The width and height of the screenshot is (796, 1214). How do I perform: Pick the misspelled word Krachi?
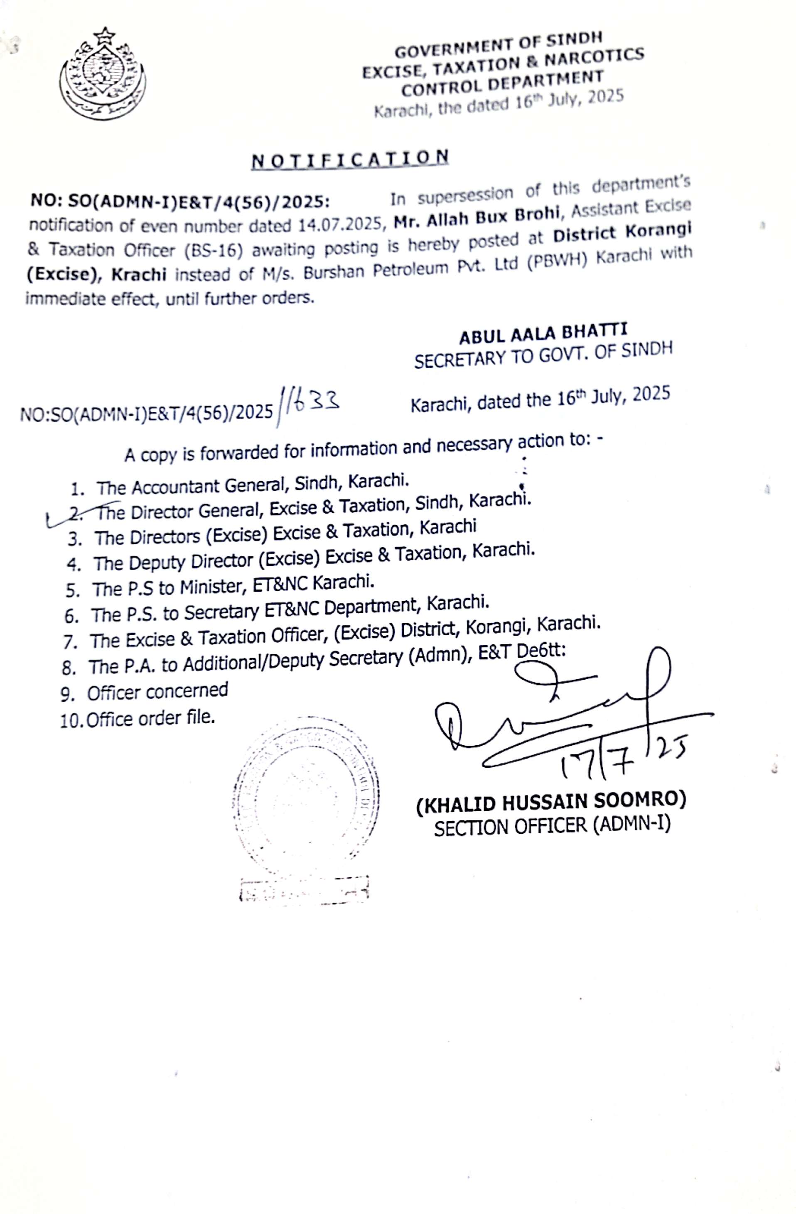point(139,274)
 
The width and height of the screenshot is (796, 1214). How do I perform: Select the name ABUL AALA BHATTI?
point(543,334)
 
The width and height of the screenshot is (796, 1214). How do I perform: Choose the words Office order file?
point(150,718)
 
